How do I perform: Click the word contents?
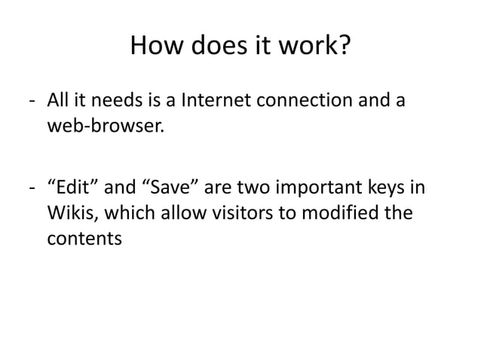click(x=84, y=239)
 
